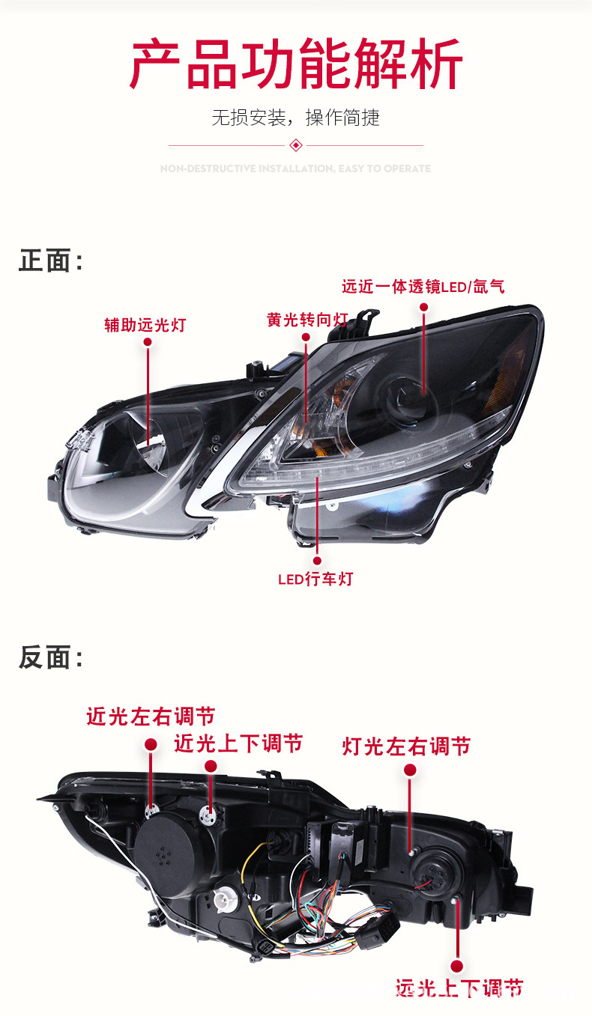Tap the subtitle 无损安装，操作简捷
(x=296, y=118)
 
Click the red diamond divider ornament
(x=296, y=145)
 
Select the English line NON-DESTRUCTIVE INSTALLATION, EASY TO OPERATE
(x=296, y=168)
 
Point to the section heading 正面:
(x=51, y=261)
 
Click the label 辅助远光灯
(x=145, y=325)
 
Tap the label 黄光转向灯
(x=307, y=320)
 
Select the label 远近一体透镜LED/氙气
(x=423, y=286)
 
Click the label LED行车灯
(x=315, y=579)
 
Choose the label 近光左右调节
(x=151, y=717)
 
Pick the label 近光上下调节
(x=238, y=743)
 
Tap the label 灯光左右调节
(x=407, y=746)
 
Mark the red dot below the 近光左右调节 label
(x=151, y=744)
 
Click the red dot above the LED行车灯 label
(x=317, y=559)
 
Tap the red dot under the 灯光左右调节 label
(x=410, y=770)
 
